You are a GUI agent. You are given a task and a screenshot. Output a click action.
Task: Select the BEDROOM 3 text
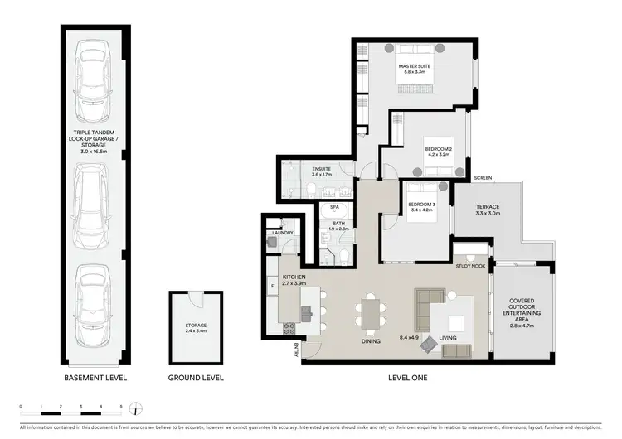tap(422, 205)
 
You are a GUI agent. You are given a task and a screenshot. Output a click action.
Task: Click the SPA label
tap(335, 207)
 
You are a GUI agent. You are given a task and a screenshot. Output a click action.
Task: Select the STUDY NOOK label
tap(470, 266)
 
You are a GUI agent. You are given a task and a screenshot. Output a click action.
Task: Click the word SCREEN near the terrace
tap(484, 178)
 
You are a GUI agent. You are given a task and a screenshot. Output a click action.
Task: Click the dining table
tap(370, 312)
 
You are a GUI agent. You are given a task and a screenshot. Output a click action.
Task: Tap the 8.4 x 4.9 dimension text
tap(410, 337)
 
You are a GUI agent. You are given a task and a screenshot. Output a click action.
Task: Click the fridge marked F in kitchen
tap(272, 287)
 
